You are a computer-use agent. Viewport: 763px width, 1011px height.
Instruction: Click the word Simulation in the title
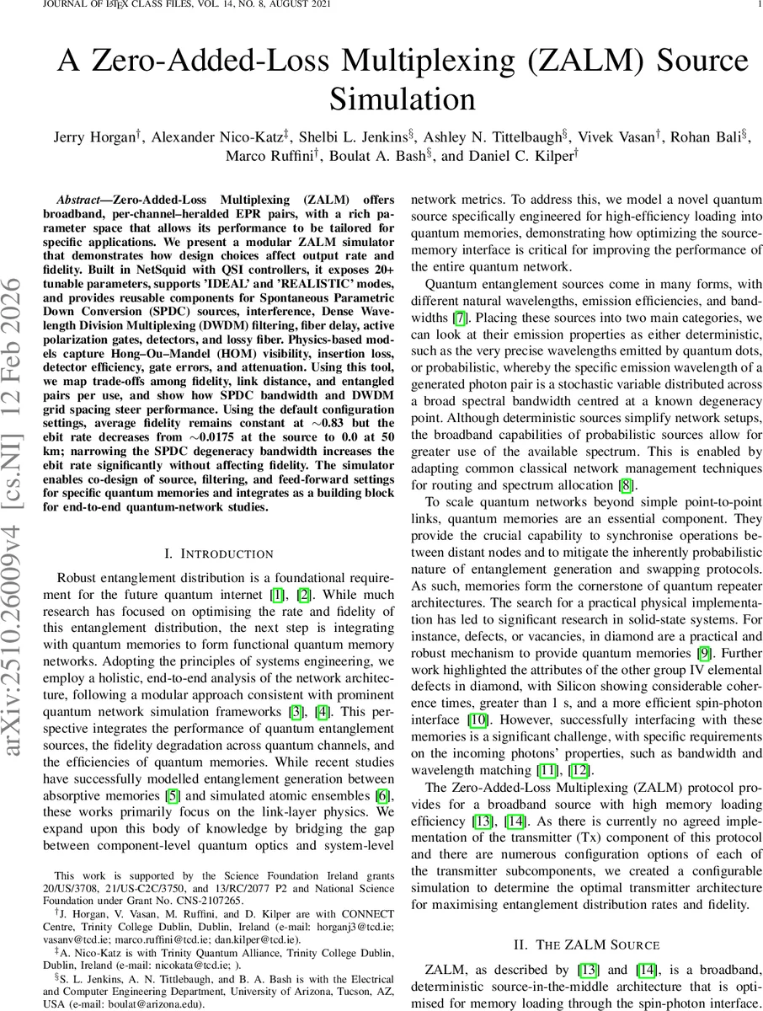(x=402, y=99)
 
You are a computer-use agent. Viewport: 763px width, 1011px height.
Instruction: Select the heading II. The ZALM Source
(x=585, y=943)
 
